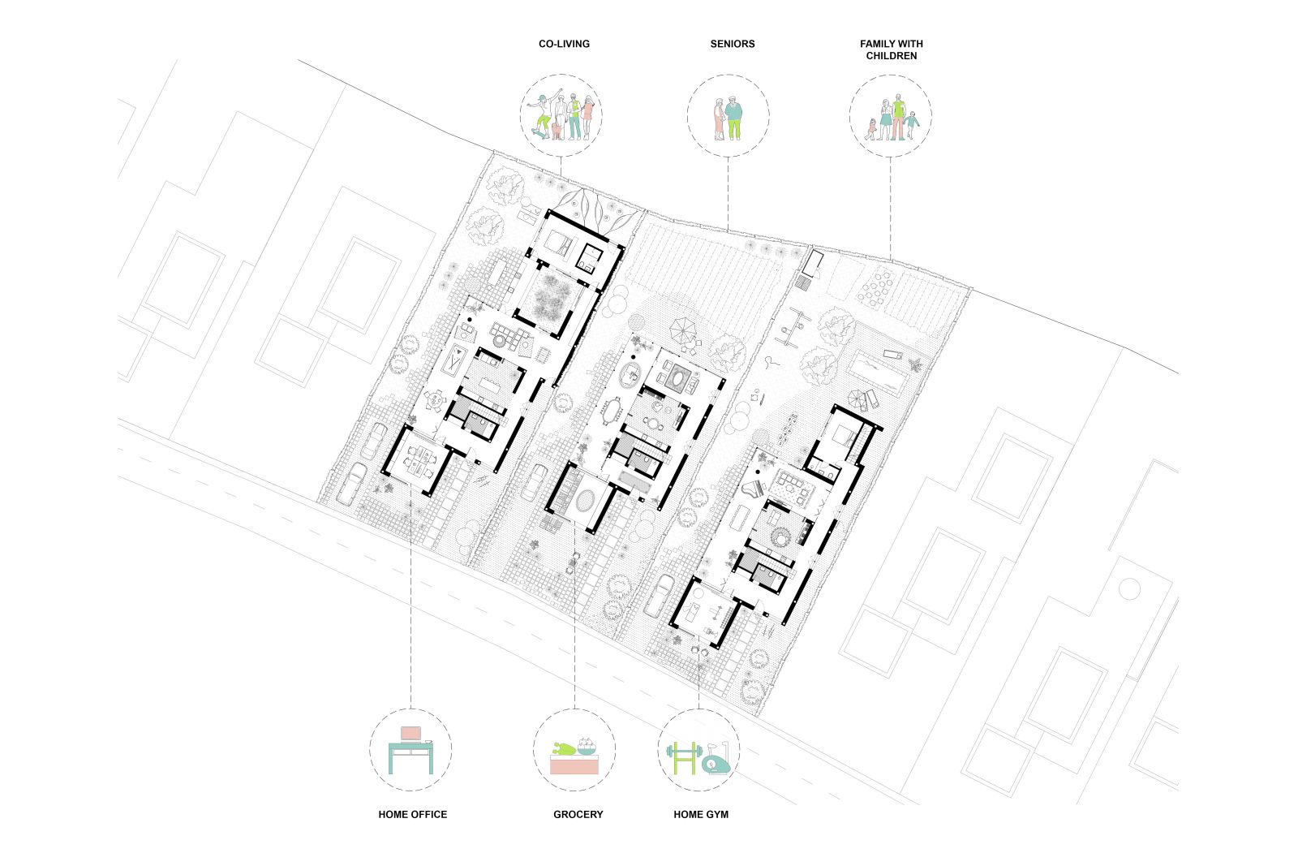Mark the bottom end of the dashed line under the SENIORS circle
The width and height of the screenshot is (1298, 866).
coord(729,231)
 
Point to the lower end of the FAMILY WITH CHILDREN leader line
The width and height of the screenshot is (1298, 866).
coord(891,259)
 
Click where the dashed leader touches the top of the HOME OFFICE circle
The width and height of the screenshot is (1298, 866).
coord(410,709)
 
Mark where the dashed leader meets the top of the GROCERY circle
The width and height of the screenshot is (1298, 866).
coord(575,709)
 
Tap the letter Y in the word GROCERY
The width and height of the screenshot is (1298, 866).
coord(600,814)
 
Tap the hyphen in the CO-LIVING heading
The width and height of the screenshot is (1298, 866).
coord(555,44)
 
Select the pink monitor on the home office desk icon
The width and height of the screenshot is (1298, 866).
coord(410,733)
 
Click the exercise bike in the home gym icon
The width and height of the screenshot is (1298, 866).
coord(717,760)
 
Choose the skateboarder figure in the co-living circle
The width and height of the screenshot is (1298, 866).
coord(544,114)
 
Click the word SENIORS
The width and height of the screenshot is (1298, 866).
coord(733,44)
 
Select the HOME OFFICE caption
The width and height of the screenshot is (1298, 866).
coord(413,814)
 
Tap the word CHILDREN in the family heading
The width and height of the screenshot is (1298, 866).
coord(892,56)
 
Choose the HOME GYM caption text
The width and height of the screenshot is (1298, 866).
coord(701,814)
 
